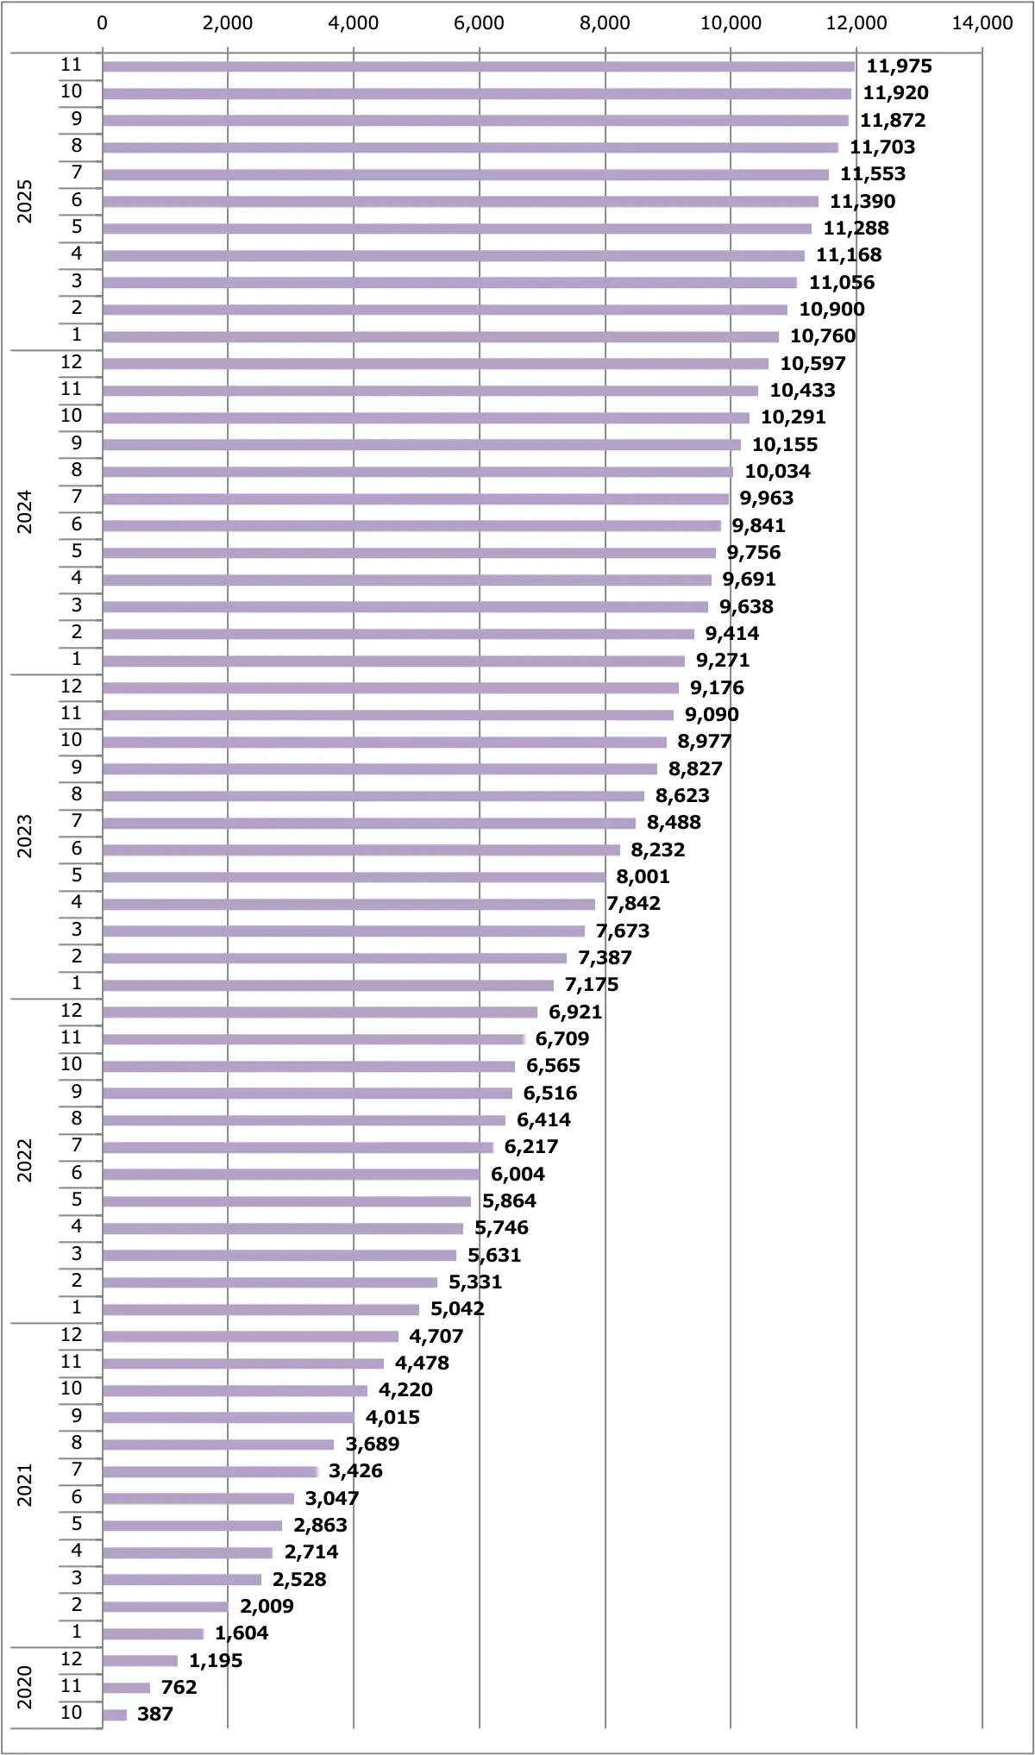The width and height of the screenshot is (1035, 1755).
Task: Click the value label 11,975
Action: (899, 66)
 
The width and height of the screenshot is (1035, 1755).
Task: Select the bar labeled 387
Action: (115, 1714)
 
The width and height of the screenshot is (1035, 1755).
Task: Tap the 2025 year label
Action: (25, 202)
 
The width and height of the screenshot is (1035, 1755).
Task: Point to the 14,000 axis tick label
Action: (982, 23)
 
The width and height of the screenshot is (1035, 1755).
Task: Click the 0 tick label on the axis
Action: (103, 23)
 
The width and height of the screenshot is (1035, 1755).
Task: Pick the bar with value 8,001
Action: (354, 877)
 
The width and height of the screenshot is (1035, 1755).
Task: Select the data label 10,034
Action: (777, 472)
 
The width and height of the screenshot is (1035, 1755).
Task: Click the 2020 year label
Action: (25, 1687)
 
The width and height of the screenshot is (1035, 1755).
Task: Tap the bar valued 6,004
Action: (291, 1174)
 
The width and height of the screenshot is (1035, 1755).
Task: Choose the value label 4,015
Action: (392, 1417)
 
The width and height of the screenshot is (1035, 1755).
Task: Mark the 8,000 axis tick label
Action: (605, 23)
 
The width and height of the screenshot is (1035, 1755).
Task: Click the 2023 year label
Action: (25, 837)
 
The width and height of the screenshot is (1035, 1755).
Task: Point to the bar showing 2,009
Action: (165, 1607)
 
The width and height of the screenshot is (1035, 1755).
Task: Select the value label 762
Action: (179, 1688)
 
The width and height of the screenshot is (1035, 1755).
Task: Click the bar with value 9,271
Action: (393, 661)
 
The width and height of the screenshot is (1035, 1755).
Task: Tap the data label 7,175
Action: (592, 985)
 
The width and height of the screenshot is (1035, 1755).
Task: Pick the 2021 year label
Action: (25, 1485)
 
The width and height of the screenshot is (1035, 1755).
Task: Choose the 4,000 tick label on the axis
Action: (354, 23)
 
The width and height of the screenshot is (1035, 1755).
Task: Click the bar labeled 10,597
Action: (435, 364)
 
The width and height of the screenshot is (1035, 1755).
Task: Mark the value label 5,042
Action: (457, 1309)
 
